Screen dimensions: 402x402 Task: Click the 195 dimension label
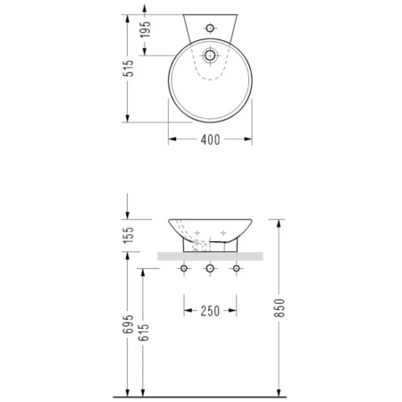146,29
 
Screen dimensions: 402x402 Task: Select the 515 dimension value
128,69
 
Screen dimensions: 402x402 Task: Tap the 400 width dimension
210,139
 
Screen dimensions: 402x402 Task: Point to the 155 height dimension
129,235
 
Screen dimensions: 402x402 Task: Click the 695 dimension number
129,324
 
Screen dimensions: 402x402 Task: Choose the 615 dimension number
144,332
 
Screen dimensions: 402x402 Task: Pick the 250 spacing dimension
210,311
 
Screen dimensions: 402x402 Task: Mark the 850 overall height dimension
280,308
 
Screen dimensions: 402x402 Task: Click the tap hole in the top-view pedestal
210,29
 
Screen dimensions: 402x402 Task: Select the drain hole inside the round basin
210,55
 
